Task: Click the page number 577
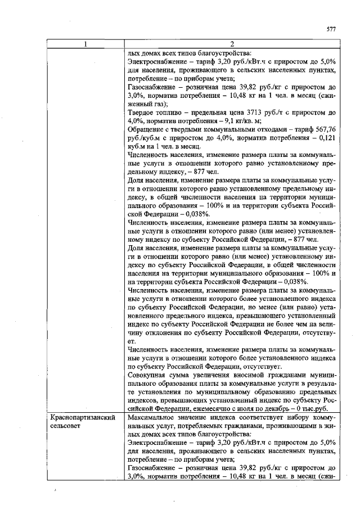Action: pos(331,29)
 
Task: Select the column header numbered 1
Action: pos(85,44)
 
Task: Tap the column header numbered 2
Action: pos(231,44)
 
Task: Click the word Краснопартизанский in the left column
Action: pos(83,418)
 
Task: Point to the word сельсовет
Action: pos(66,427)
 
